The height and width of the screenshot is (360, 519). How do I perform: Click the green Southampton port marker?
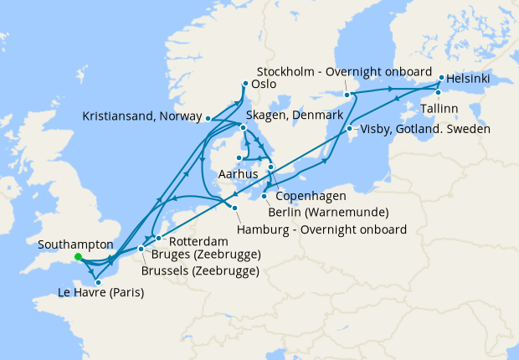pos(77,257)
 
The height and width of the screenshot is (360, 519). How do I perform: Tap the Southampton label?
pos(76,243)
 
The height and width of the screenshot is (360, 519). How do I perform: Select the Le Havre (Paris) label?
pos(100,294)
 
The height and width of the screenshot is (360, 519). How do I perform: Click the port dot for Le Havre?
pos(98,282)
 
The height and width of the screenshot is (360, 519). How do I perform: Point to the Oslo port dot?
pos(244,84)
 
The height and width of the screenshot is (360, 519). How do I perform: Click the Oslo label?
pos(265,84)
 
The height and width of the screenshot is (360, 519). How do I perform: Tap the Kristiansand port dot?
pos(208,118)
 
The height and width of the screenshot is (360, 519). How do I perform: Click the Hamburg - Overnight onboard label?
pos(322,229)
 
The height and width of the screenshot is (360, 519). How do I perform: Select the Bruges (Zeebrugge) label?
pos(205,255)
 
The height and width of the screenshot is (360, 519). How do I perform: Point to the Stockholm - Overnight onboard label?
pos(344,71)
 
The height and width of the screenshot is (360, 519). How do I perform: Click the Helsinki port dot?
pos(440,79)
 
